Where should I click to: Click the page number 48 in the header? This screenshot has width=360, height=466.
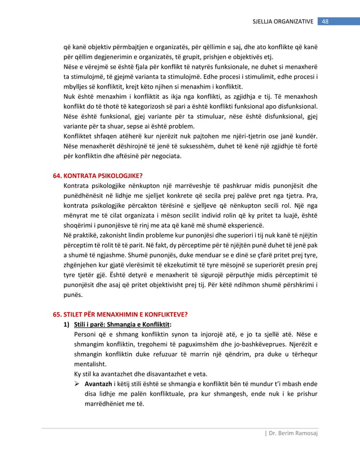[326, 21]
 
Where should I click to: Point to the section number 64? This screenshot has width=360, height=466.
[57, 175]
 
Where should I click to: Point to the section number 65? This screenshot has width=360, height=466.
[57, 314]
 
